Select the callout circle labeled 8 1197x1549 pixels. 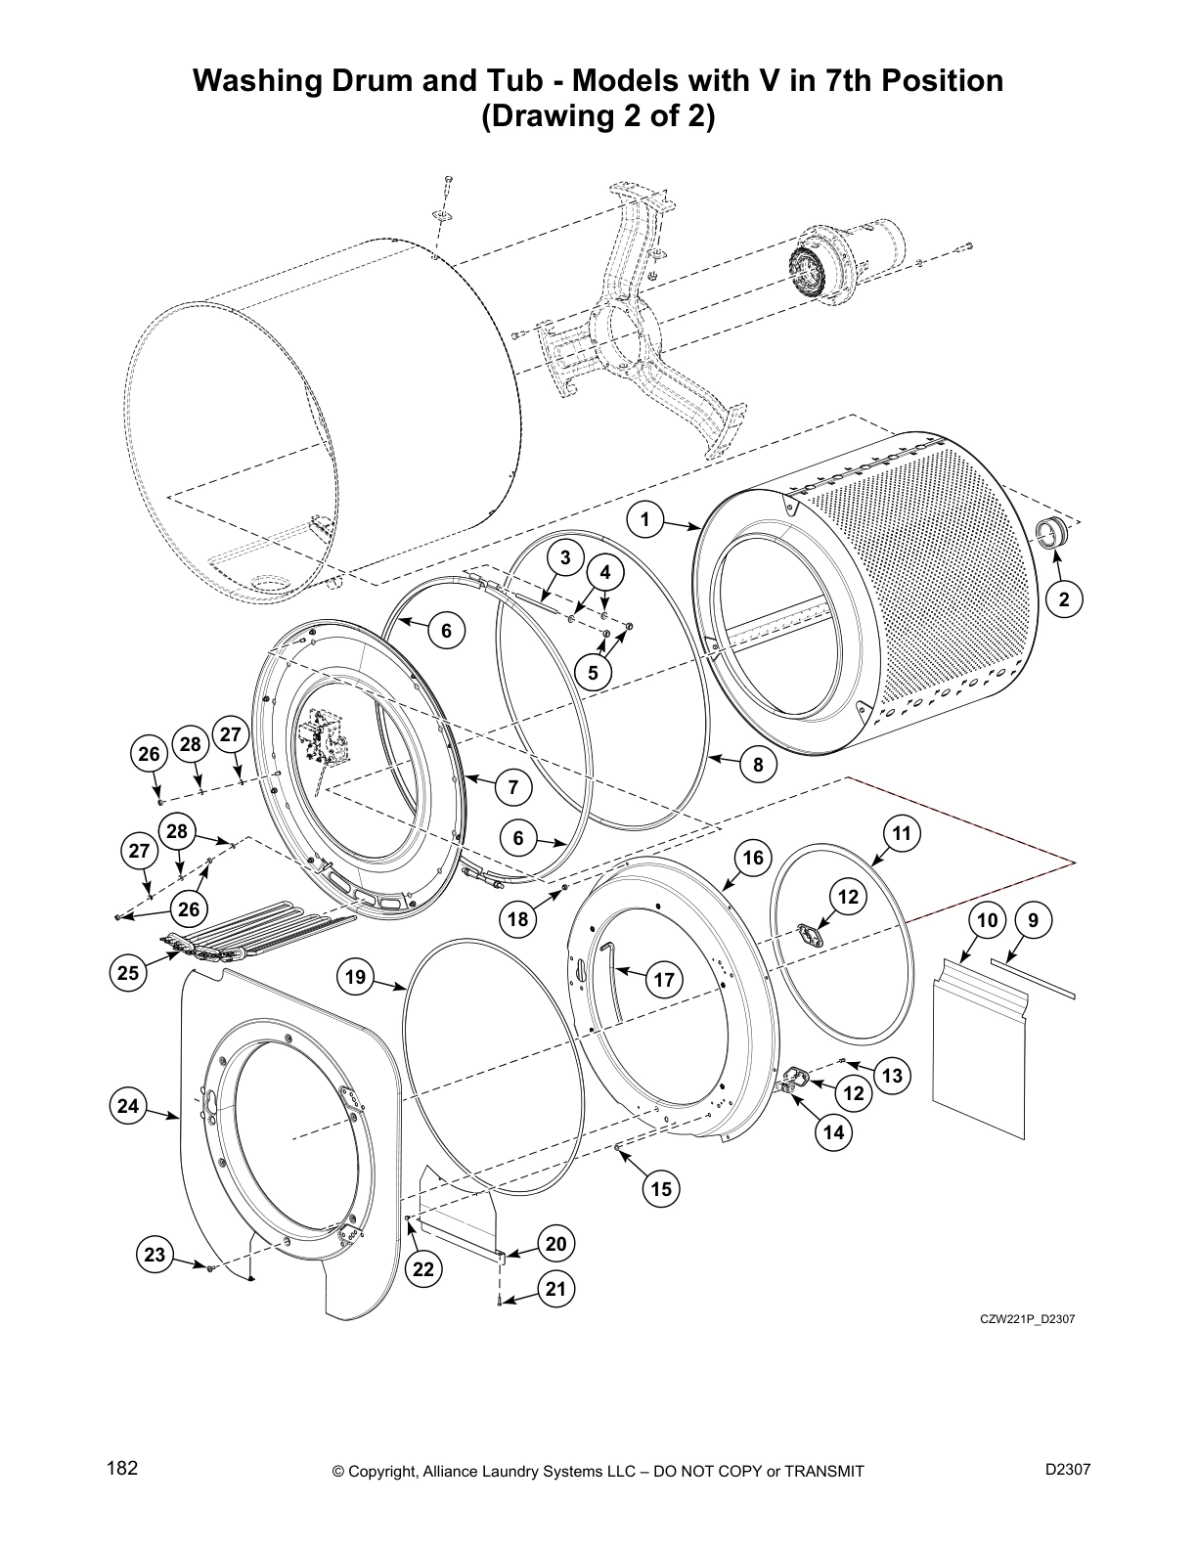759,765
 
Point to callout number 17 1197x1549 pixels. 664,980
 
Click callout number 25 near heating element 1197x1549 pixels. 128,972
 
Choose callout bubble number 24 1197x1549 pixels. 128,1106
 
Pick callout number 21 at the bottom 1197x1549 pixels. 555,1289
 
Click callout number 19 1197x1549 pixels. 356,976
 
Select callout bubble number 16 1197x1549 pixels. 752,858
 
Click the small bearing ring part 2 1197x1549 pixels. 1051,534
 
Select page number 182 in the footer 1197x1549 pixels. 122,1468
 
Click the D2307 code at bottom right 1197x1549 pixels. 1068,1468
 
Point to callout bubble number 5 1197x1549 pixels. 593,673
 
